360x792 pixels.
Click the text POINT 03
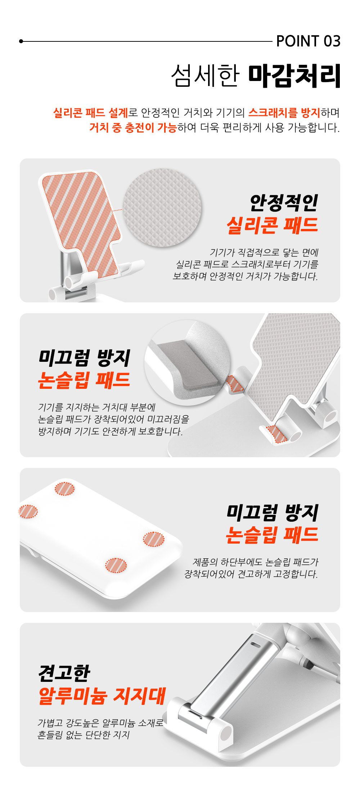coord(308,41)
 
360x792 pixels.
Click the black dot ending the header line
coord(21,41)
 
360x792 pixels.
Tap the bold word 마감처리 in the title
coord(294,76)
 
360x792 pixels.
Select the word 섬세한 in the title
coord(205,76)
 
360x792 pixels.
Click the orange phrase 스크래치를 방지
coord(284,113)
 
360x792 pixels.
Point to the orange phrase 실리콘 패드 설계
coord(90,113)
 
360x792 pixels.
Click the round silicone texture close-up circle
coord(162,208)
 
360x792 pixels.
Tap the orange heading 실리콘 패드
coord(273,225)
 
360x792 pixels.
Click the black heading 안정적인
coord(284,203)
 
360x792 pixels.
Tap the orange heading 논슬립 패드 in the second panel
coord(84,380)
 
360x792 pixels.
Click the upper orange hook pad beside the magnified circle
coord(235,383)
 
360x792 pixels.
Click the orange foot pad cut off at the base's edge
coord(28,512)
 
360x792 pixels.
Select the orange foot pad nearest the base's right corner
coord(154,539)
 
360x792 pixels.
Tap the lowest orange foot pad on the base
coord(116,565)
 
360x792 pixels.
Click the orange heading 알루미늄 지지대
coord(102,696)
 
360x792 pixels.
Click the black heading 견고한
coord(64,673)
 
